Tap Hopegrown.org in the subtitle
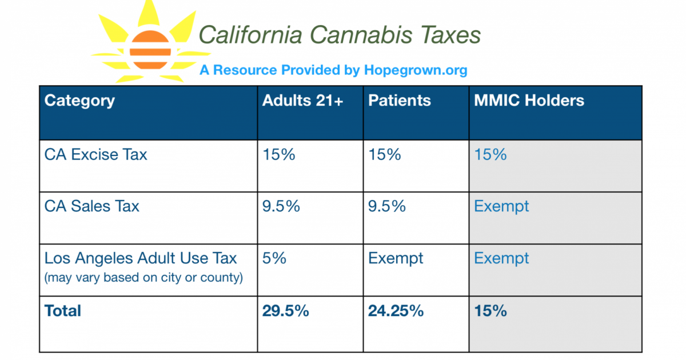click(x=416, y=70)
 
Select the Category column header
click(x=79, y=101)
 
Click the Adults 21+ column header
click(x=302, y=101)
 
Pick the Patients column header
click(x=399, y=101)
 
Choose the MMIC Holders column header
click(x=529, y=101)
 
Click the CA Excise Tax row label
click(x=95, y=154)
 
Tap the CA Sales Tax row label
click(x=91, y=206)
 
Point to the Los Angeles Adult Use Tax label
click(x=141, y=258)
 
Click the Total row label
click(x=63, y=311)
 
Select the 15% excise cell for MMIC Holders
click(x=490, y=154)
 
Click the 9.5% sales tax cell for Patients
click(x=387, y=206)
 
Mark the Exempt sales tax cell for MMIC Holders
click(x=501, y=206)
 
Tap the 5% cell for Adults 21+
click(x=274, y=258)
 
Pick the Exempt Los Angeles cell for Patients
click(x=396, y=258)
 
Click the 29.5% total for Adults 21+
click(x=286, y=311)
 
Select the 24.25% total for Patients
click(x=396, y=311)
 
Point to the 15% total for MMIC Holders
click(x=490, y=311)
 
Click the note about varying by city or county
click(x=143, y=278)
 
